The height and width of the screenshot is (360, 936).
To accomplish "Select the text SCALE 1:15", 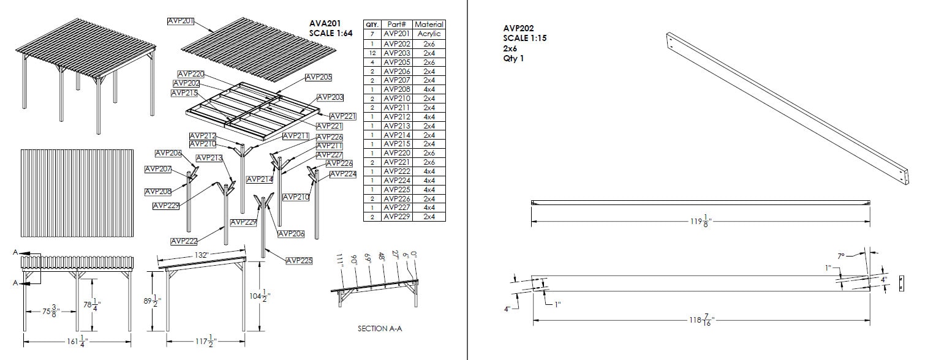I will click(524, 38).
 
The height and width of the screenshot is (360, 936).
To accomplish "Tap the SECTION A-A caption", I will click(379, 329).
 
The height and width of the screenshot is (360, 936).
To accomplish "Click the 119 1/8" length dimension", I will click(700, 221).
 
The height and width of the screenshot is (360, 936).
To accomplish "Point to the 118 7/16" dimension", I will click(701, 320).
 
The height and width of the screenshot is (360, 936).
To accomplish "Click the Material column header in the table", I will click(429, 24).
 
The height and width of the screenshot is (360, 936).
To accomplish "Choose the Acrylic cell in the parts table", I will click(429, 34).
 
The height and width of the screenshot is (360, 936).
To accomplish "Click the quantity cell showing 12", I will click(372, 53).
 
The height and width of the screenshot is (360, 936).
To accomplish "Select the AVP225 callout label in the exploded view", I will click(299, 261).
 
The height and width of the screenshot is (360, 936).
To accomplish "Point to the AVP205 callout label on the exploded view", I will click(319, 77).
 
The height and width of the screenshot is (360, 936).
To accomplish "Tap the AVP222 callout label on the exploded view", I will click(184, 241).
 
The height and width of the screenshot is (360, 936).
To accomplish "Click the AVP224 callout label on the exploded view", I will click(342, 174).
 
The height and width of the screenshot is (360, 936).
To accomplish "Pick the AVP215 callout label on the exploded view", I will click(184, 93).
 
